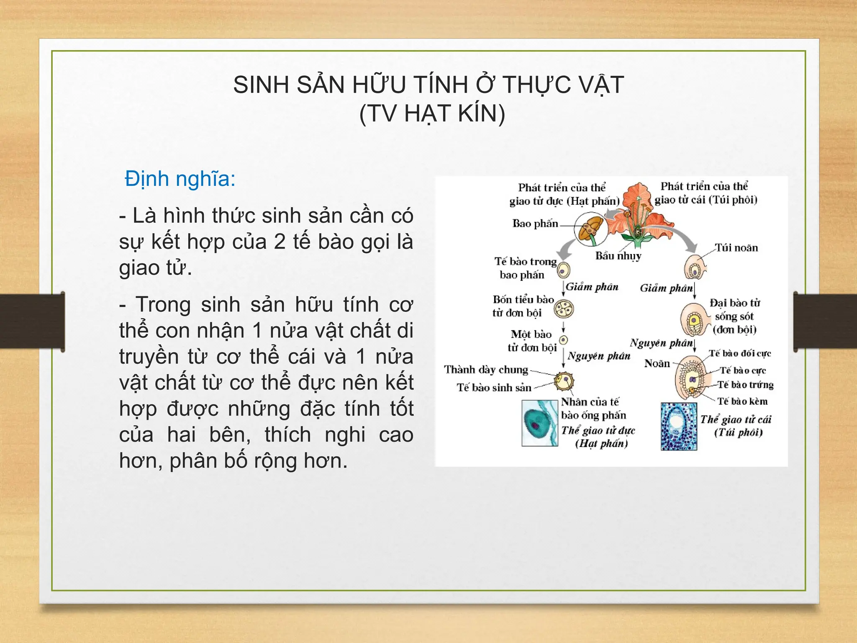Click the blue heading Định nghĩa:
pyautogui.click(x=180, y=179)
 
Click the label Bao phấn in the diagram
pyautogui.click(x=535, y=224)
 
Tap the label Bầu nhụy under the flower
pyautogui.click(x=618, y=256)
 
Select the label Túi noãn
pyautogui.click(x=736, y=248)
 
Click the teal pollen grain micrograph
pyautogui.click(x=540, y=423)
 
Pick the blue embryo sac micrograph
pyautogui.click(x=679, y=427)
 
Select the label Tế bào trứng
pyautogui.click(x=745, y=385)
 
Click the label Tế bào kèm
pyautogui.click(x=742, y=401)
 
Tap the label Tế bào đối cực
pyautogui.click(x=740, y=353)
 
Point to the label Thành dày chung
pyautogui.click(x=486, y=370)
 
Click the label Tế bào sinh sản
pyautogui.click(x=494, y=388)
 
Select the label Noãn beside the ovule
pyautogui.click(x=657, y=363)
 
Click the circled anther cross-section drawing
pyautogui.click(x=590, y=229)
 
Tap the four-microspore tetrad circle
pyautogui.click(x=564, y=309)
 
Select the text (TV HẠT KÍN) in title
pyautogui.click(x=432, y=113)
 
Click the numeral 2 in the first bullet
pyautogui.click(x=280, y=242)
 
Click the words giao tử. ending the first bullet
pyautogui.click(x=155, y=268)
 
